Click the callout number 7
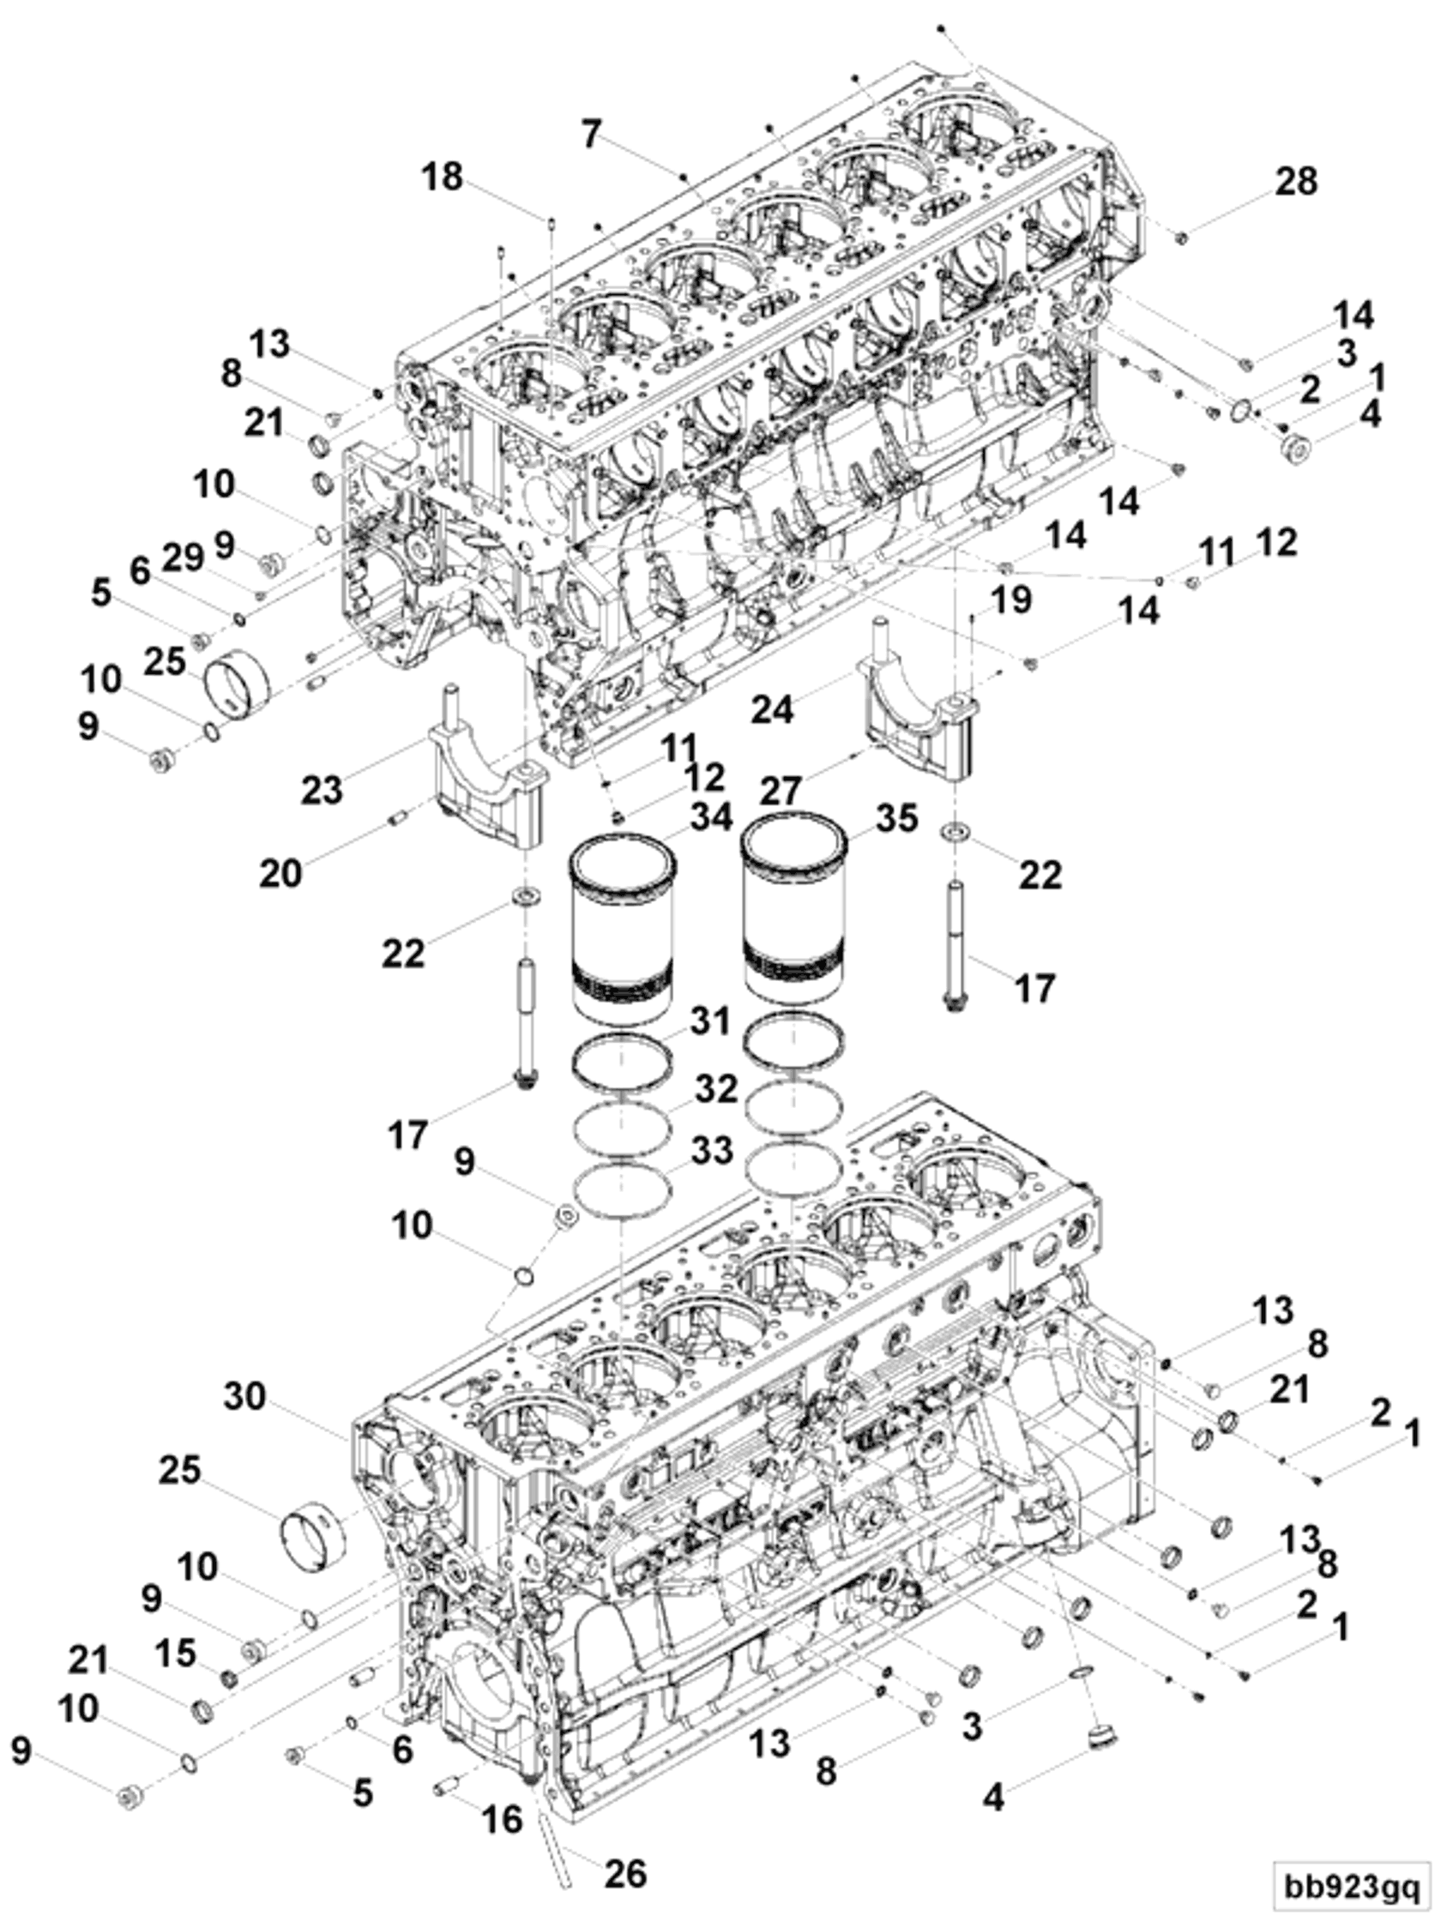592,135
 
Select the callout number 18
442,178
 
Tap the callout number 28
1296,182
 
